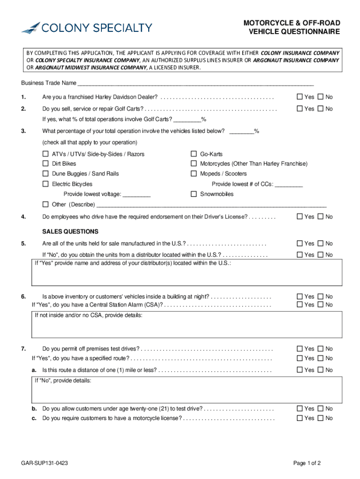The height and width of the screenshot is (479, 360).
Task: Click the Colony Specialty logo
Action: pyautogui.click(x=86, y=28)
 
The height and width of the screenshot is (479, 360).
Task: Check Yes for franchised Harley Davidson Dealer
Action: pyautogui.click(x=300, y=97)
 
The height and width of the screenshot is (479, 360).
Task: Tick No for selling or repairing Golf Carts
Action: pyautogui.click(x=320, y=109)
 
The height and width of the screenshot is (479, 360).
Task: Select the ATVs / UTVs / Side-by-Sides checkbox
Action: pyautogui.click(x=46, y=154)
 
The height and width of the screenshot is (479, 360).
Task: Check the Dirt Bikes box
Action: pyautogui.click(x=46, y=164)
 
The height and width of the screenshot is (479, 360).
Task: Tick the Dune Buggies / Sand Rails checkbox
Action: pyautogui.click(x=46, y=174)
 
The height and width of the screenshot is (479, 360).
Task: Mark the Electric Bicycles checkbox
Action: pyautogui.click(x=46, y=184)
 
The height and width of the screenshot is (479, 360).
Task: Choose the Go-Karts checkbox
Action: pyautogui.click(x=194, y=154)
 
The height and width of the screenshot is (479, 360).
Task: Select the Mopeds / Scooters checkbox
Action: pyautogui.click(x=194, y=174)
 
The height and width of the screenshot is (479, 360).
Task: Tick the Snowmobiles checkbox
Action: pyautogui.click(x=194, y=194)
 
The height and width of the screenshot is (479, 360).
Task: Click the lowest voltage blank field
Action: pyautogui.click(x=137, y=194)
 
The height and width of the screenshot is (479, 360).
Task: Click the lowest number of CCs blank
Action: pyautogui.click(x=289, y=184)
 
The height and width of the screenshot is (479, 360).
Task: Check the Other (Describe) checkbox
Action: pyautogui.click(x=46, y=204)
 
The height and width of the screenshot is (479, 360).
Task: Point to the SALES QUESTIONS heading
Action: pyautogui.click(x=70, y=232)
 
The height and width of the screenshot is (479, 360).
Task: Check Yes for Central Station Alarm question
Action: pyautogui.click(x=300, y=305)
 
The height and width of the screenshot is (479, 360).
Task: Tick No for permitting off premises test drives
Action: pyautogui.click(x=320, y=348)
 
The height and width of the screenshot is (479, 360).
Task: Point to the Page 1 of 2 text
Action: pyautogui.click(x=307, y=463)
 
